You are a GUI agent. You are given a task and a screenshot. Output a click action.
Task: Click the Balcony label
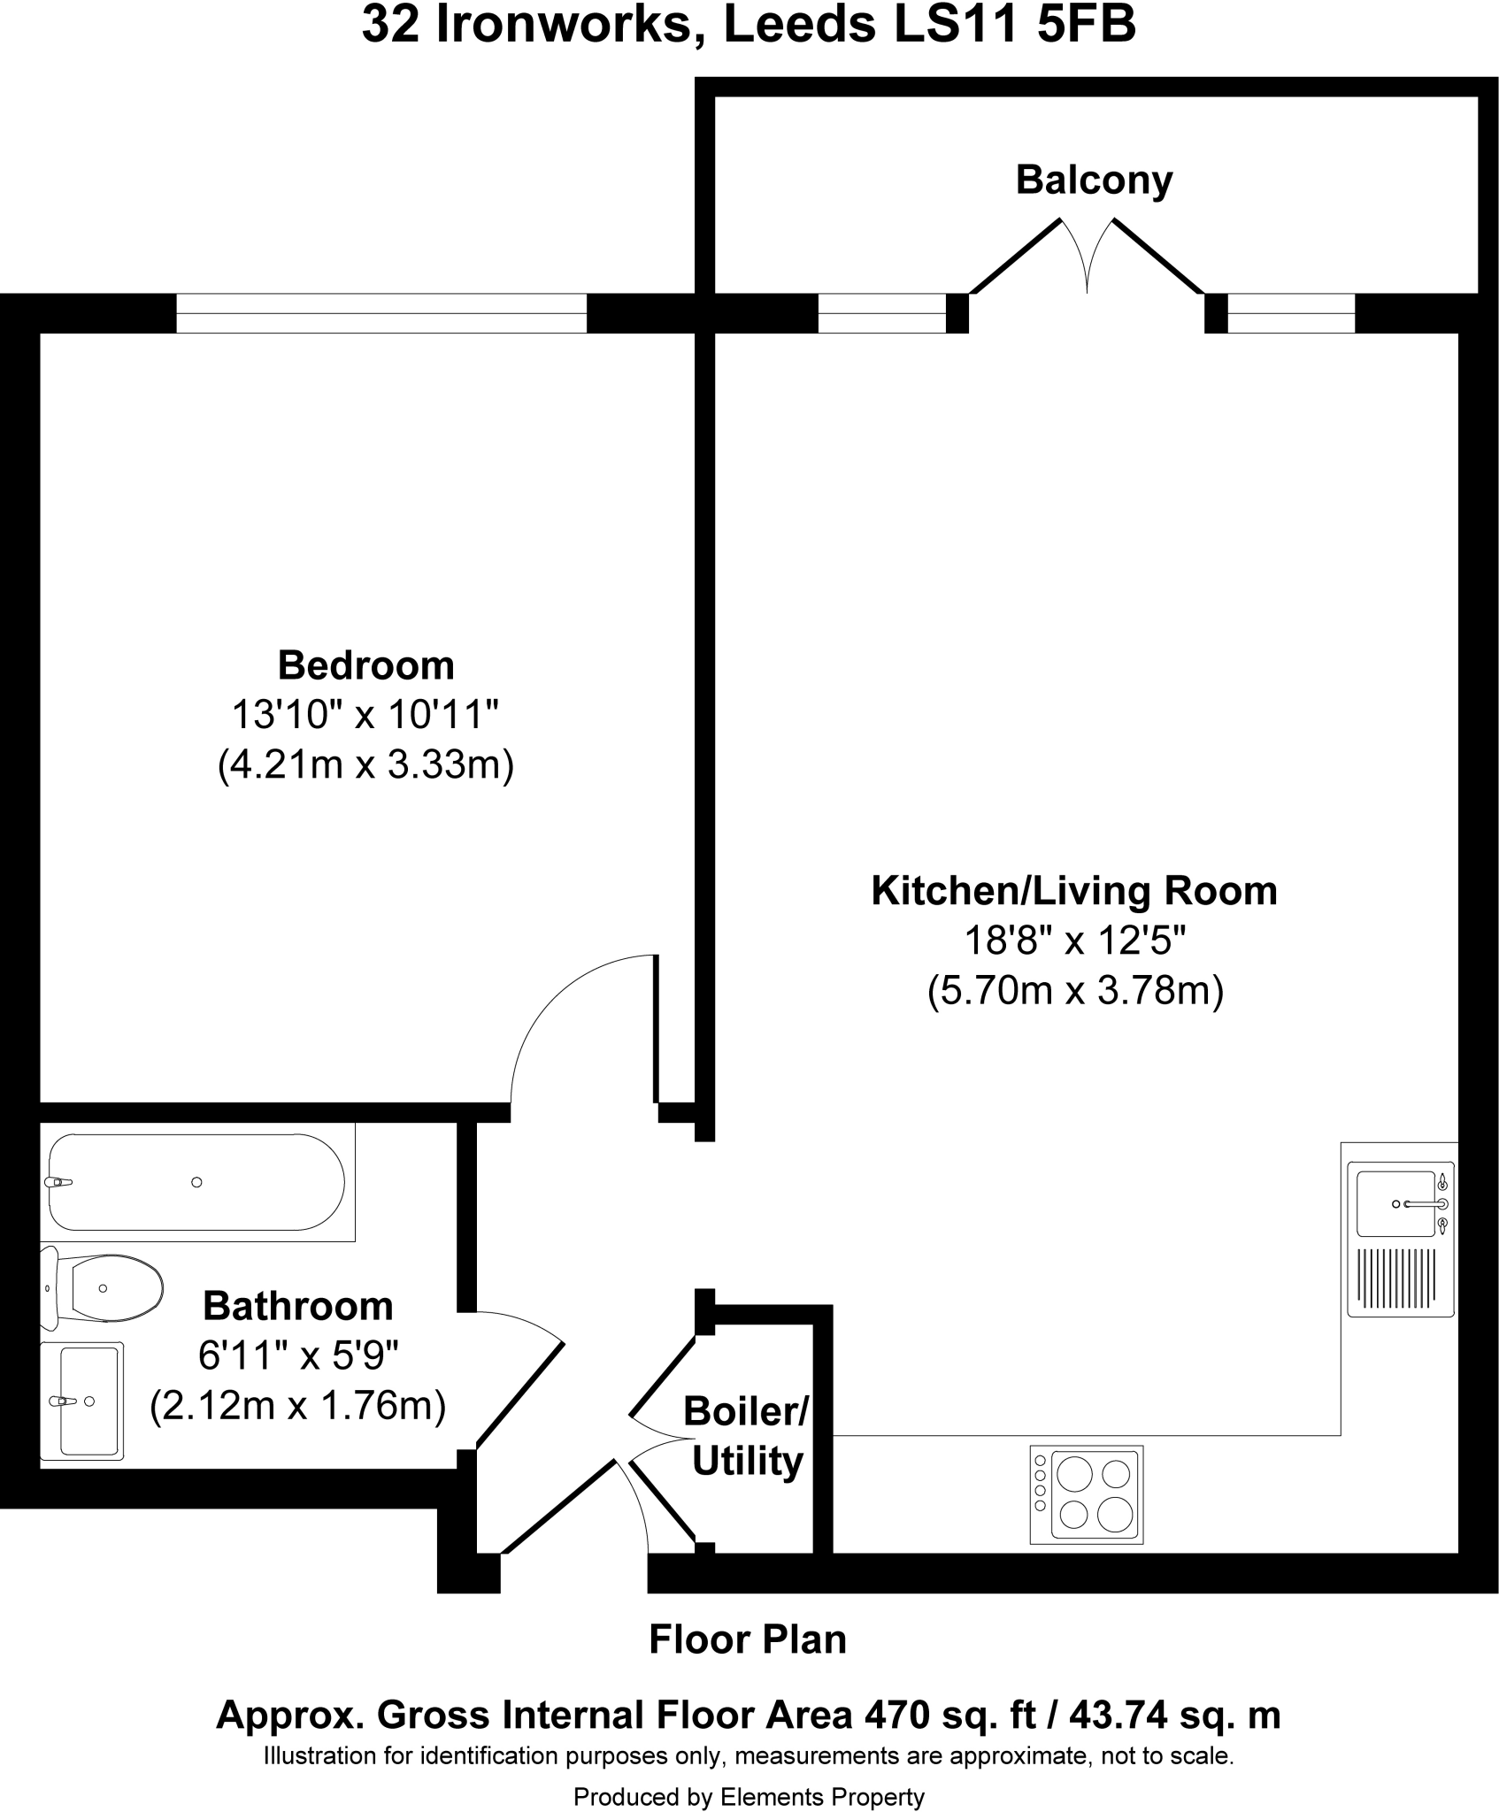[1094, 180]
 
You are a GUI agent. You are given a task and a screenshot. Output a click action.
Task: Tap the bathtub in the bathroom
[196, 1182]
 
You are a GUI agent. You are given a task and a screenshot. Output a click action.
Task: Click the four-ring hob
[1087, 1494]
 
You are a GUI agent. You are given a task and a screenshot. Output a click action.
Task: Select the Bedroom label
[365, 665]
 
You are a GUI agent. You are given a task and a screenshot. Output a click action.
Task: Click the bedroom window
[381, 313]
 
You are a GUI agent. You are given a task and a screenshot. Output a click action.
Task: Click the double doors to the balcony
[1088, 257]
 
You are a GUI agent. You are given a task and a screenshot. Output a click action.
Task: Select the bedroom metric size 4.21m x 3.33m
[365, 764]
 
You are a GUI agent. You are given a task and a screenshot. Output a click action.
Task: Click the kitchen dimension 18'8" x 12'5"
[1074, 941]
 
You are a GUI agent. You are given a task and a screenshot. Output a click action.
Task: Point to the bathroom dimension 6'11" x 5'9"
[298, 1355]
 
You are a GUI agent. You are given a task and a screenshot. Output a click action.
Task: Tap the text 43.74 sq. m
[1174, 1716]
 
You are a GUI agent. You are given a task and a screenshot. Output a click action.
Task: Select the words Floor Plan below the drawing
[748, 1639]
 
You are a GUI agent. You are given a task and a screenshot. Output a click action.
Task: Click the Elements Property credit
[822, 1797]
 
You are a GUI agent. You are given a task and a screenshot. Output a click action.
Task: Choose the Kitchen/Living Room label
[1074, 891]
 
